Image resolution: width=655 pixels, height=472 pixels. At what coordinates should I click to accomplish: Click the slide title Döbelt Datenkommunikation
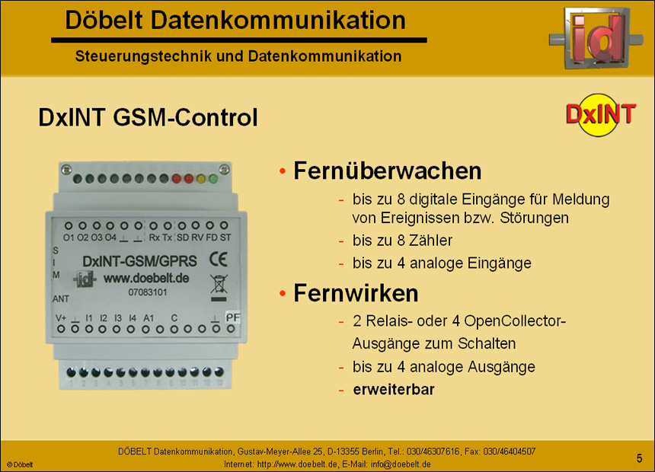[x=235, y=21]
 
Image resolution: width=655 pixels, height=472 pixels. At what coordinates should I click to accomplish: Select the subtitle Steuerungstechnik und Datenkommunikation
[x=238, y=56]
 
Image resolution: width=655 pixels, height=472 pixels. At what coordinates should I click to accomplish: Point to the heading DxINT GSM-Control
[x=148, y=117]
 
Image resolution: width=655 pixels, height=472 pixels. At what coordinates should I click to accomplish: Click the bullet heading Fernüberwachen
[x=387, y=171]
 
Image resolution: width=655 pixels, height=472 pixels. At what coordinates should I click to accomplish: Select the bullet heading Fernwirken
[x=356, y=293]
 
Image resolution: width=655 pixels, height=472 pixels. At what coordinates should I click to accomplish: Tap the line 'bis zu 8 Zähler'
[x=402, y=241]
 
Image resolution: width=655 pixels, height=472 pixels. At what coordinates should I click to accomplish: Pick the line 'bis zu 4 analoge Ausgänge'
[x=443, y=367]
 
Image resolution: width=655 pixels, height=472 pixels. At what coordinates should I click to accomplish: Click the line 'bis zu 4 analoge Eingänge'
[x=441, y=263]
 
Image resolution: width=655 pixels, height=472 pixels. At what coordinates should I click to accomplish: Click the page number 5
[x=639, y=458]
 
